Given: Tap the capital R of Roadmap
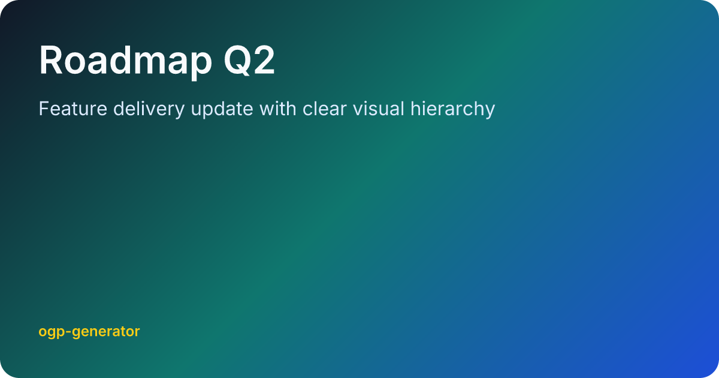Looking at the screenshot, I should coord(51,60).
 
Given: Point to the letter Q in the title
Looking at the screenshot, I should coord(236,60).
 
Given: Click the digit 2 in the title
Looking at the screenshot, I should coord(264,60).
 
